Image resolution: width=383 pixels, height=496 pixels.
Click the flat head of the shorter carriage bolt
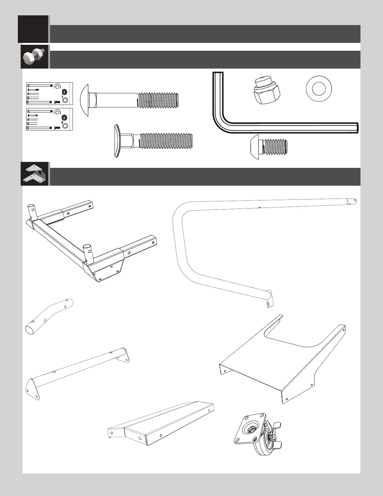(117, 141)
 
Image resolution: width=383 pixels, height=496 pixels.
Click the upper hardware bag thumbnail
(49, 93)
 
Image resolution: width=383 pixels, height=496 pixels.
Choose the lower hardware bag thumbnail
(49, 119)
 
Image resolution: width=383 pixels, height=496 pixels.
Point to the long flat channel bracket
(161, 423)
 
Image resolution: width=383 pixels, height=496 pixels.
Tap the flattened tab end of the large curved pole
(269, 300)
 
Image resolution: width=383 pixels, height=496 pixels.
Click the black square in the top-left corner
(33, 29)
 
